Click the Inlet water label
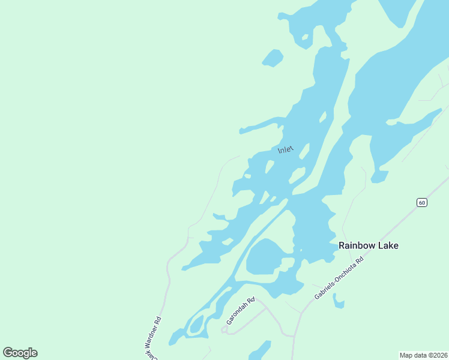pos(286,149)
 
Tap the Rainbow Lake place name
pos(368,245)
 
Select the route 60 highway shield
pos(422,202)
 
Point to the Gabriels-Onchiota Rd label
pos(339,279)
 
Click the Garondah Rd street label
pos(240,311)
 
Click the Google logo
pos(20,353)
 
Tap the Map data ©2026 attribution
pos(423,355)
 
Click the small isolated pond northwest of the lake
pos(273,58)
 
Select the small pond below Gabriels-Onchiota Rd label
pos(339,302)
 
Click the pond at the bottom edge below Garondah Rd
pos(259,350)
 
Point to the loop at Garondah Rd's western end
pos(224,329)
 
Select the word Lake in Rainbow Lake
pos(387,245)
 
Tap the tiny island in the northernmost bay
pos(305,38)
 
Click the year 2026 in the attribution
pos(439,355)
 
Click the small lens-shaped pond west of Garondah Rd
pos(197,324)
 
